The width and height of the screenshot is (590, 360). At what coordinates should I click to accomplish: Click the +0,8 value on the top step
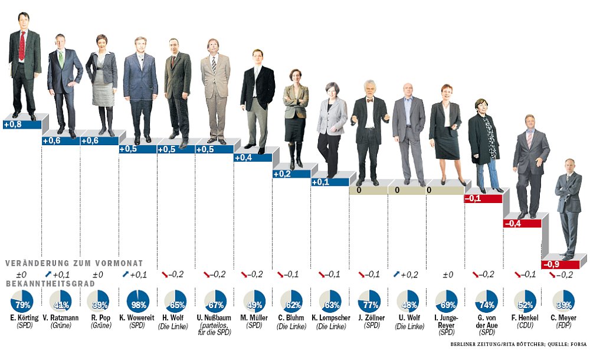tap(13, 125)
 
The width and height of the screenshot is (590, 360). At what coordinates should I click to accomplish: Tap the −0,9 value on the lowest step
tap(552, 264)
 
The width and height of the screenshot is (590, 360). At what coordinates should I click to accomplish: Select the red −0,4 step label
tap(513, 223)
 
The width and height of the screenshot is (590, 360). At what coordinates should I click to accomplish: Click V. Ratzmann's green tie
tap(61, 58)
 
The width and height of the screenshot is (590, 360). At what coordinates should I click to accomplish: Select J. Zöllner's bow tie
tap(369, 100)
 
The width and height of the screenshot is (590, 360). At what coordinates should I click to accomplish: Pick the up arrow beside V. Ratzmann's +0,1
tap(47, 274)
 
